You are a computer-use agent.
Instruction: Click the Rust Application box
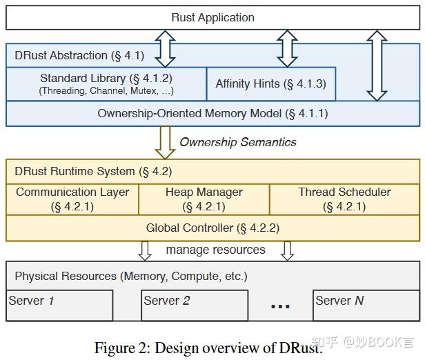coord(212,18)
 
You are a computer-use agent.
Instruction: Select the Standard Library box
coord(106,83)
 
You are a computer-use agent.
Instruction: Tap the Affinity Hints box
coord(270,83)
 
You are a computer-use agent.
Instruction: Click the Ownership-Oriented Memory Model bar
coord(212,113)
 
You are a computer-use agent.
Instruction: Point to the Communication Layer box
coord(72,199)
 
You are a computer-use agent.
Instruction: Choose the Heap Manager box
coord(204,199)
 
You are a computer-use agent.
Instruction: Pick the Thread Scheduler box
coord(344,199)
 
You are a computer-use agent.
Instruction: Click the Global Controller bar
coord(212,227)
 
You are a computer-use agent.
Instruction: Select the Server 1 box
coord(59,306)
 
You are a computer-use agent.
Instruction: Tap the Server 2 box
coord(195,306)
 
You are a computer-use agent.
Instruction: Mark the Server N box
coord(365,306)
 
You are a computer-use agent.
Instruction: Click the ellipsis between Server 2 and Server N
coord(279,304)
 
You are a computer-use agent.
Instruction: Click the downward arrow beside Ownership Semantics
coord(165,142)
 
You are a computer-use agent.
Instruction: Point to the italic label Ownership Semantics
coord(237,142)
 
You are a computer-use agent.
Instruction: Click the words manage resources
coord(215,250)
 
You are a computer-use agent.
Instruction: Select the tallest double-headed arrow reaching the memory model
coord(377,66)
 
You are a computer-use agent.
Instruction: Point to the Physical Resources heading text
coord(130,276)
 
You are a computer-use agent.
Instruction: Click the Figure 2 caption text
coord(207,348)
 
